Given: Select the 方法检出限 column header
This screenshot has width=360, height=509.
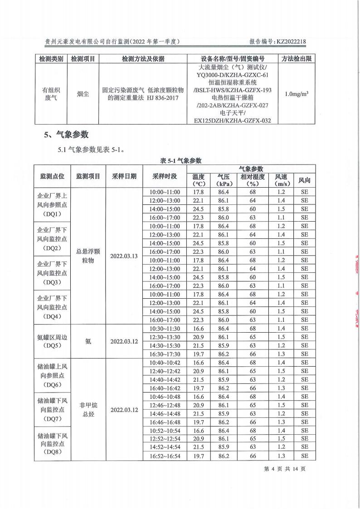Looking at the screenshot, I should [296, 59].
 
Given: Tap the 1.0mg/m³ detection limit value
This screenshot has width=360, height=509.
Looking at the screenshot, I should [296, 94].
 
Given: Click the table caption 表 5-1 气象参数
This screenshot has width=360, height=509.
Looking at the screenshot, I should [181, 160].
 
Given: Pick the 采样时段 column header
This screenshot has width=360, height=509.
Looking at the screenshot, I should [165, 176].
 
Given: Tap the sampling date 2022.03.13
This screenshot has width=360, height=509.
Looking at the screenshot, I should [124, 256].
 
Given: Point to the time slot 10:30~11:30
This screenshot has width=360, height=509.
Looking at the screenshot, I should [165, 328].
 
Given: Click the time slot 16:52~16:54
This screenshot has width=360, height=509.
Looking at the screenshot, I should [165, 456].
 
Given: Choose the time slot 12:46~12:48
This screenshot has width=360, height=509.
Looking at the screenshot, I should [165, 405].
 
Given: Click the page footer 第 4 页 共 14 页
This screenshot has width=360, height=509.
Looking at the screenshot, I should [285, 469].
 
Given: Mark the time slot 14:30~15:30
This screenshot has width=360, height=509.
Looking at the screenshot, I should [165, 345].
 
